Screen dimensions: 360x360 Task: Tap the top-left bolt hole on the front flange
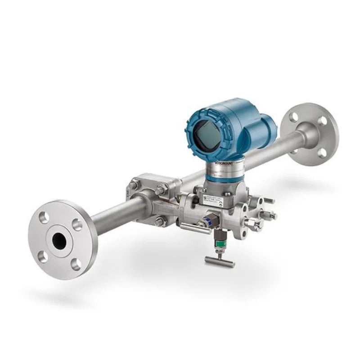point(44,218)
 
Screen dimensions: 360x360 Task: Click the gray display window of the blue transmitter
point(207,131)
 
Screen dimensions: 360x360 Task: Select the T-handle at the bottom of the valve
point(219,261)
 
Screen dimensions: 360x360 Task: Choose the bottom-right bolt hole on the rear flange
point(322,153)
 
